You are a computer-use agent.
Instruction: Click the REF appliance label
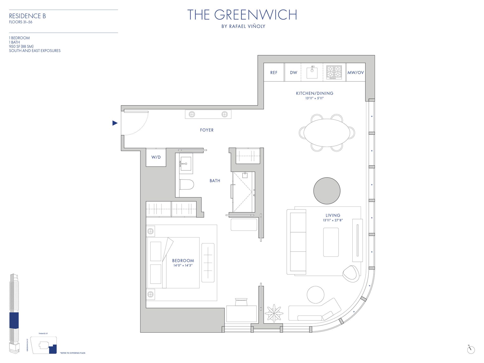tap(274, 73)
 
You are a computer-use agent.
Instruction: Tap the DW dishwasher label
tap(293, 73)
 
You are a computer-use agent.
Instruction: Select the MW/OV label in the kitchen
tap(355, 73)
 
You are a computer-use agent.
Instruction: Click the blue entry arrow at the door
tap(115, 123)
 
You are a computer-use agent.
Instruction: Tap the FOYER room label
tap(207, 130)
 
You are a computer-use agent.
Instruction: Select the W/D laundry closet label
tap(156, 157)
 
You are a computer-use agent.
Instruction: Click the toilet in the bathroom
tap(187, 184)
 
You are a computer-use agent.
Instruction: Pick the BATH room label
tap(215, 181)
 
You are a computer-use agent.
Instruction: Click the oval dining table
tap(327, 133)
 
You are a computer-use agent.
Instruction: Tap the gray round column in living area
tap(327, 191)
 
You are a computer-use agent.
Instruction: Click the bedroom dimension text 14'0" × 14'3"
tap(183, 265)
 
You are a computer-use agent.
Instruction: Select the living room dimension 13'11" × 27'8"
tap(333, 220)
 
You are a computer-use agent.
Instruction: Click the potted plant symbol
tap(274, 313)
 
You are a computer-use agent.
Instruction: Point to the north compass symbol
tap(471, 350)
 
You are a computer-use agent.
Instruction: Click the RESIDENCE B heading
tap(27, 16)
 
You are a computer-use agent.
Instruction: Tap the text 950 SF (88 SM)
tap(21, 46)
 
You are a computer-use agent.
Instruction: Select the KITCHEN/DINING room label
tap(315, 93)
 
